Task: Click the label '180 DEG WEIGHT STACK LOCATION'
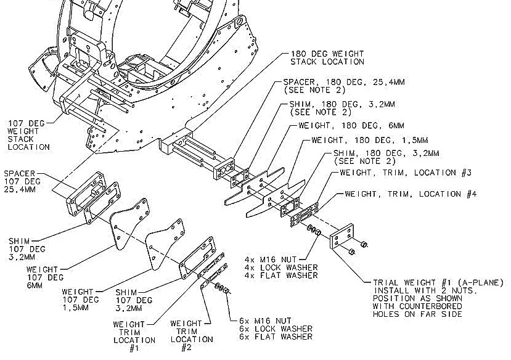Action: coord(327,57)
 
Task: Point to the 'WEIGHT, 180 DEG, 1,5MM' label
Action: coord(361,140)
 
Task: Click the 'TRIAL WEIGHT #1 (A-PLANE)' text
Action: coord(438,283)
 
